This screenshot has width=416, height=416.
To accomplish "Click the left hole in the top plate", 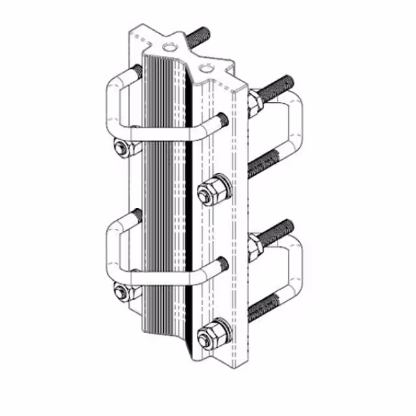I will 170,46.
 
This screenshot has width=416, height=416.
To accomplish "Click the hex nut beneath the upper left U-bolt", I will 121,149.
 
